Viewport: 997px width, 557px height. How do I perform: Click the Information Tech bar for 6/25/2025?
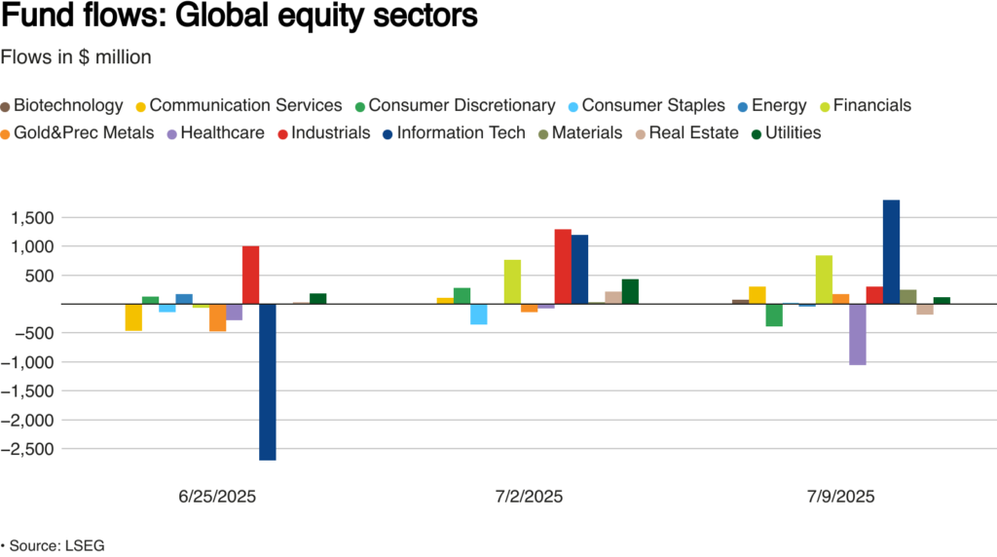[268, 382]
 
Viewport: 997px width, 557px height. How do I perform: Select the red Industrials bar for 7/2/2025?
[563, 267]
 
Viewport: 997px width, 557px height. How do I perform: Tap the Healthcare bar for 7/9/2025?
[857, 334]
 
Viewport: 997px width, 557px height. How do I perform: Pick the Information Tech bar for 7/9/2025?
[891, 252]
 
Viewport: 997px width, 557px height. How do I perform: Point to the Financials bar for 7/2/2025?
[512, 281]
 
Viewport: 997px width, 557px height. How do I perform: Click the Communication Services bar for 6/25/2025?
[133, 317]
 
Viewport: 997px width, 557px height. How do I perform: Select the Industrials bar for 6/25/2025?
[250, 275]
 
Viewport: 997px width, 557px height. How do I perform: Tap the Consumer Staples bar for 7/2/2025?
[478, 314]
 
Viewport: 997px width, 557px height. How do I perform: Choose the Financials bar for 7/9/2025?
[824, 279]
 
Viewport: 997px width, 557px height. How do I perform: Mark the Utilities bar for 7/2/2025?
[630, 291]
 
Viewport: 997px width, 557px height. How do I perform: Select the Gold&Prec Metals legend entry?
[77, 132]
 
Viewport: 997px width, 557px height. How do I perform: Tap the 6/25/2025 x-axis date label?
[216, 497]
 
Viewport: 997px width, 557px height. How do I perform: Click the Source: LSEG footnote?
[53, 545]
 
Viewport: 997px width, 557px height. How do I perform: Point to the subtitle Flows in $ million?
[76, 57]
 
